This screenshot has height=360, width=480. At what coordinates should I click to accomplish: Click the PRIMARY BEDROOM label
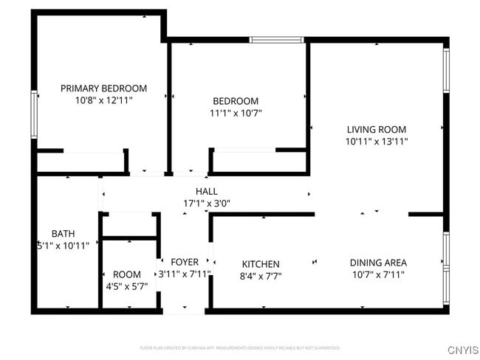coord(103,88)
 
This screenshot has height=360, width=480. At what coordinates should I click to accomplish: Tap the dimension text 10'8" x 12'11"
coord(103,100)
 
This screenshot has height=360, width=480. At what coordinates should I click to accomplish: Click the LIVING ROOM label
coord(376,129)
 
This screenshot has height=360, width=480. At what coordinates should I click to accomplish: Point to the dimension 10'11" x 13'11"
coord(376,141)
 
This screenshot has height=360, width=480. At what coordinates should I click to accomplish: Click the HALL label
coord(206,191)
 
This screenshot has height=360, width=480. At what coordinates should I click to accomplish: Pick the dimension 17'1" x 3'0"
coord(206,203)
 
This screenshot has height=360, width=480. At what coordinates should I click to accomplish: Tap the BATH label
coord(63,234)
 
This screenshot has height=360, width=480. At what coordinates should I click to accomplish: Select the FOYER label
coord(185,262)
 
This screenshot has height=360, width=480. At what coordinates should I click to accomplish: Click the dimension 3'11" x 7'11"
coord(185,274)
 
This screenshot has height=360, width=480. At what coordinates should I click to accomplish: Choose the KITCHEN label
coord(261,264)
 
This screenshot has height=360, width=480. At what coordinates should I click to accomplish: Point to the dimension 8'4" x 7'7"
coord(261,276)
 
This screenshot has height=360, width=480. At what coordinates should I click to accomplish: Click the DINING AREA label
coord(378,262)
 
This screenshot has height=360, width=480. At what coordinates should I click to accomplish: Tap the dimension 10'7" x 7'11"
coord(378,274)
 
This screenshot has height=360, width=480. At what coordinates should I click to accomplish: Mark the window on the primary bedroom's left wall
coord(35,114)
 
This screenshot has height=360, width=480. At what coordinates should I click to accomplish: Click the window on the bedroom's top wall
coord(277,40)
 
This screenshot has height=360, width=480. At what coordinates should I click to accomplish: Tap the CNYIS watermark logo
coord(462,350)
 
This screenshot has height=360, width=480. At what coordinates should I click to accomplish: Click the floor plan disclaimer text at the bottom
coord(239,347)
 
